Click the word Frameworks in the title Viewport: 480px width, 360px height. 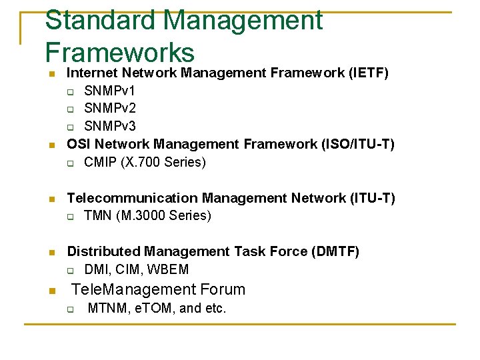(x=120, y=53)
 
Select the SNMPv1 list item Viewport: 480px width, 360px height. (x=109, y=91)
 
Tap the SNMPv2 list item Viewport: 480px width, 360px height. (x=109, y=109)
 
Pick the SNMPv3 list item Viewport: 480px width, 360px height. (x=109, y=127)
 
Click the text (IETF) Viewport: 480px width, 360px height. (x=369, y=73)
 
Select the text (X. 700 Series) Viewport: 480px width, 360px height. (x=163, y=162)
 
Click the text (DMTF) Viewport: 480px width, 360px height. (x=335, y=251)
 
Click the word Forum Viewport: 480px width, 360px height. (x=223, y=289)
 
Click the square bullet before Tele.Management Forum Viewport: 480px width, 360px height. (x=50, y=290)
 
